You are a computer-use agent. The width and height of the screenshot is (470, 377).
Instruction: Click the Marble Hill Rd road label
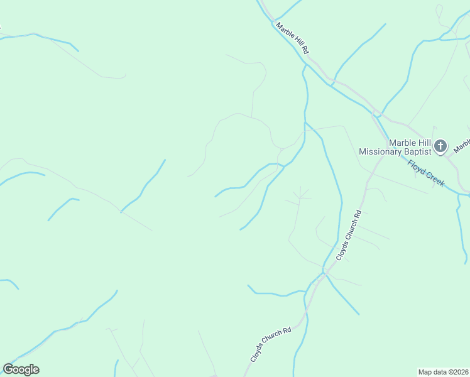[293, 38]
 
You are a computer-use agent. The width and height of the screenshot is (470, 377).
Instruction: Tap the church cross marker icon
[441, 147]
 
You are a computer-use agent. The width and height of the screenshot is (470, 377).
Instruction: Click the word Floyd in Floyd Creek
[417, 168]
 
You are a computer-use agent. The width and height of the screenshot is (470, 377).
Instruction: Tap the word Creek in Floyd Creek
[435, 178]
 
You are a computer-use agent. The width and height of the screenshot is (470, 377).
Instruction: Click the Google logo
[21, 369]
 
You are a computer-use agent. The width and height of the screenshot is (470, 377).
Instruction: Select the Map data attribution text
[444, 372]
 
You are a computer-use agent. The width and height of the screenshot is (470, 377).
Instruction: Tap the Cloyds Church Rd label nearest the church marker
[349, 236]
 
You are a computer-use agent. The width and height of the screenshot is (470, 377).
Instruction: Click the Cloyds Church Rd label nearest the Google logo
[271, 345]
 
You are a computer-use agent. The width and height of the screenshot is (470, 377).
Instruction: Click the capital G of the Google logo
[8, 369]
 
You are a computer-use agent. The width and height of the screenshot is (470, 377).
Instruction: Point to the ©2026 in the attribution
[458, 372]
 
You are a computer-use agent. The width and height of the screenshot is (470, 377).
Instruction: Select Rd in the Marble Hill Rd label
[306, 49]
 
